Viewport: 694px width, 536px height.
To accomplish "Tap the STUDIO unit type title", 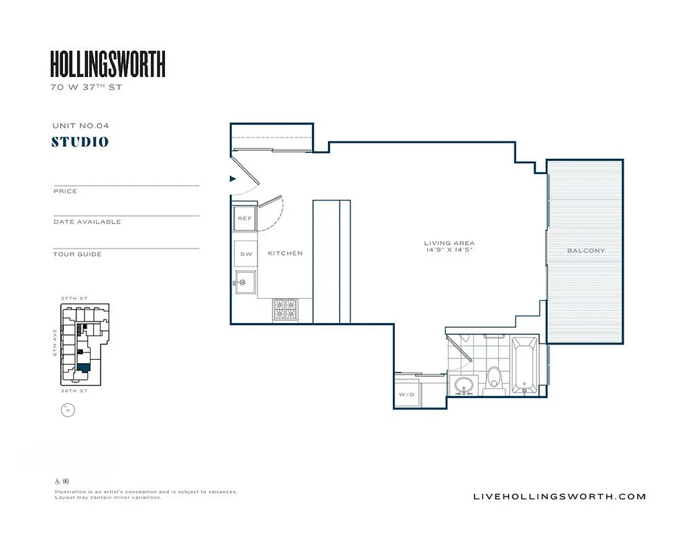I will click(80, 142).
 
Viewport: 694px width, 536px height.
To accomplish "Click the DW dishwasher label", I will click(245, 253).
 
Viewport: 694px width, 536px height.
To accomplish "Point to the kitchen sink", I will click(245, 282).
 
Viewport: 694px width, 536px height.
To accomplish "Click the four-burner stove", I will click(285, 310).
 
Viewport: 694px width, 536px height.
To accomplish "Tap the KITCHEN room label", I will click(285, 253).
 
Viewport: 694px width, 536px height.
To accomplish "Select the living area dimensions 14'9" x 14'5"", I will click(449, 250).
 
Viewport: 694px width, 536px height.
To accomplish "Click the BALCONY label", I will click(585, 251).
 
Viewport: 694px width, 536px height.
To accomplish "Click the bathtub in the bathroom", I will click(524, 366).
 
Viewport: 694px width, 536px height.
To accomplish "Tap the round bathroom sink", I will click(463, 385).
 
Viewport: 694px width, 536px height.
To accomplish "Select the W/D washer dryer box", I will click(406, 395).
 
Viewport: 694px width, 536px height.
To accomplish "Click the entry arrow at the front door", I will click(233, 179).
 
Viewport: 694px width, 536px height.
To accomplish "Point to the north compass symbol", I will click(67, 410).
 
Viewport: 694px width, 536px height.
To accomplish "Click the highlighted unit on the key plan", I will click(84, 366).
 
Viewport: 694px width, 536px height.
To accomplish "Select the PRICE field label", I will click(65, 191).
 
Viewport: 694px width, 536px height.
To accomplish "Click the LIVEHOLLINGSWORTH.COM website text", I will click(559, 496).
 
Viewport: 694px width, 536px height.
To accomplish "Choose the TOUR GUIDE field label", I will click(77, 254).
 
